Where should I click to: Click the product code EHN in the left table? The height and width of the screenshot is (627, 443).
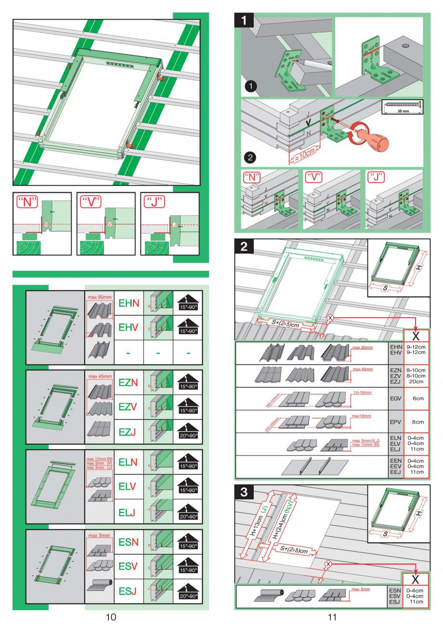(x=129, y=303)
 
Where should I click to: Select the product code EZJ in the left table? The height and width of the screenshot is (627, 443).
(x=129, y=432)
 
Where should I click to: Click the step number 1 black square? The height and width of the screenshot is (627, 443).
(x=246, y=20)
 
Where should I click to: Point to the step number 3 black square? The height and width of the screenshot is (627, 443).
(x=245, y=492)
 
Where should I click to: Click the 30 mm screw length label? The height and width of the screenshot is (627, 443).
(x=402, y=111)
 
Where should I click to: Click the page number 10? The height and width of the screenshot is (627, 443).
(x=111, y=616)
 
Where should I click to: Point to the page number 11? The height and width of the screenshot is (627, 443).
(x=332, y=616)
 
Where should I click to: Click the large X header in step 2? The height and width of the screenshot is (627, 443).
(x=416, y=335)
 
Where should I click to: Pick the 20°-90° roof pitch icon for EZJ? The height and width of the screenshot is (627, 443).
(x=187, y=432)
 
